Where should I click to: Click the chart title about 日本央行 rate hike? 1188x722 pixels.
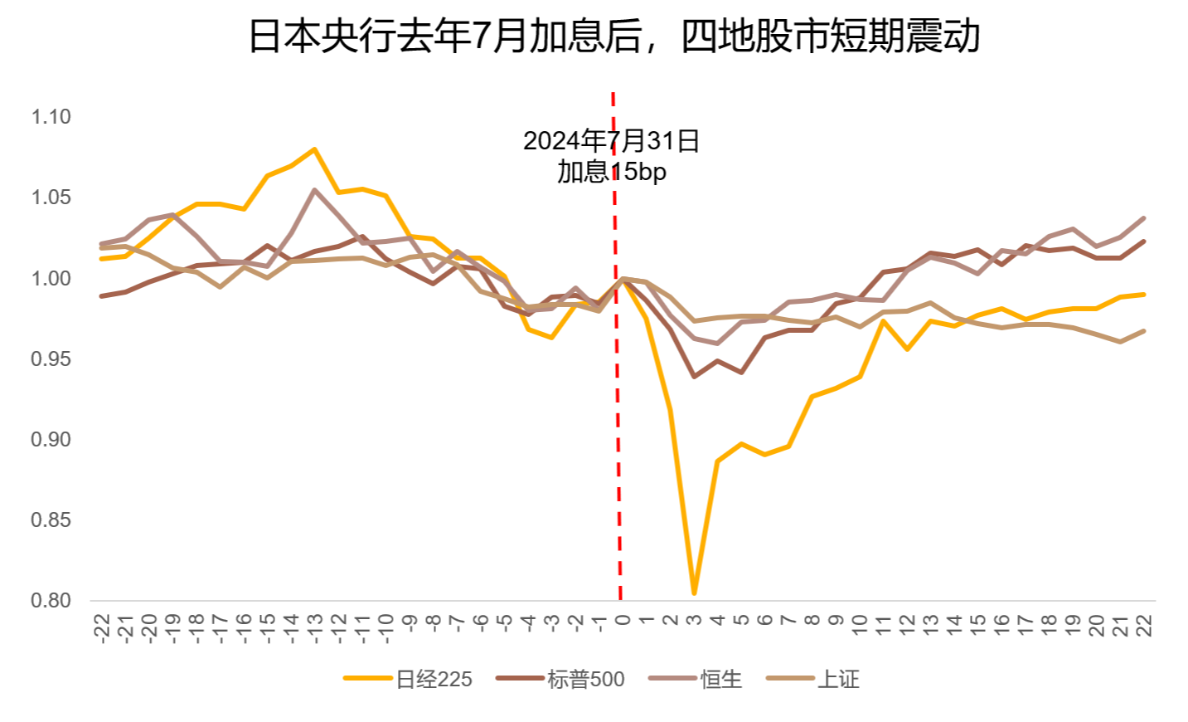click(614, 37)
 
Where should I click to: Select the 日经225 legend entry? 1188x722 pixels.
click(433, 680)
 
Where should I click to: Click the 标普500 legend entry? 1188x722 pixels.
click(585, 680)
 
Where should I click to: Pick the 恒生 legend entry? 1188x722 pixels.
click(720, 680)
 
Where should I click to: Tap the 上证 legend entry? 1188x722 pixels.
click(838, 680)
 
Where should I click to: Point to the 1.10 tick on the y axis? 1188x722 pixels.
click(51, 117)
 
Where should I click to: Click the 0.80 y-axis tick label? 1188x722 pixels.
click(51, 600)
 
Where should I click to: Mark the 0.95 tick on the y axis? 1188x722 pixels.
click(51, 359)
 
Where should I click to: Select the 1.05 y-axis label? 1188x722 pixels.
click(51, 198)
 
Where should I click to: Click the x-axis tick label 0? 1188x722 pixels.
click(623, 619)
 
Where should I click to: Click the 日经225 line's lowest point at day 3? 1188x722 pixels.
click(694, 593)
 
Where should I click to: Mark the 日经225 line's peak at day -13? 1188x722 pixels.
click(315, 149)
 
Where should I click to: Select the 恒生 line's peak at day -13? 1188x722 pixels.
click(315, 190)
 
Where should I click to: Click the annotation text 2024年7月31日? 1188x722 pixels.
click(611, 141)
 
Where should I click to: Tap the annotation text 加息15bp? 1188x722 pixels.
click(611, 172)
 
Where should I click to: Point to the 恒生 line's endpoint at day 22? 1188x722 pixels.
click(1144, 218)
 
